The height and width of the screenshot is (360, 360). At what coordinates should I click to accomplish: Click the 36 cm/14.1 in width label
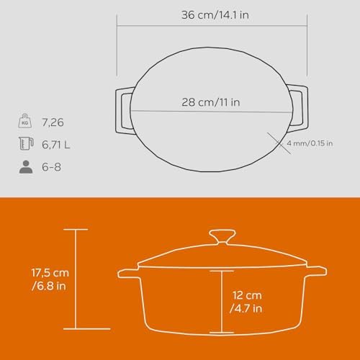215,15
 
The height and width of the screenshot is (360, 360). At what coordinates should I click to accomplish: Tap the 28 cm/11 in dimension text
211,102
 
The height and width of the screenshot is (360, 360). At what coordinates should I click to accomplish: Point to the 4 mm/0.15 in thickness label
310,143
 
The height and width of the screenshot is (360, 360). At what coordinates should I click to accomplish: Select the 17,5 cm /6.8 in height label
50,279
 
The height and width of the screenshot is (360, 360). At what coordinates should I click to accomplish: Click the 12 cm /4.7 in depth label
246,302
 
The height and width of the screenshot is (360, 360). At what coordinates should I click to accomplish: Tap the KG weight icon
25,121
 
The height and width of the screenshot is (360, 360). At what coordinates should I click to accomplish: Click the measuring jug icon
26,143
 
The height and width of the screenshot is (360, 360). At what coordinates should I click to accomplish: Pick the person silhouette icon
26,167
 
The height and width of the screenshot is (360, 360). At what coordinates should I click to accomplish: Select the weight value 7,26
53,122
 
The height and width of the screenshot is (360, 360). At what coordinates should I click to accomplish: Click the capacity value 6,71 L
56,145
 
